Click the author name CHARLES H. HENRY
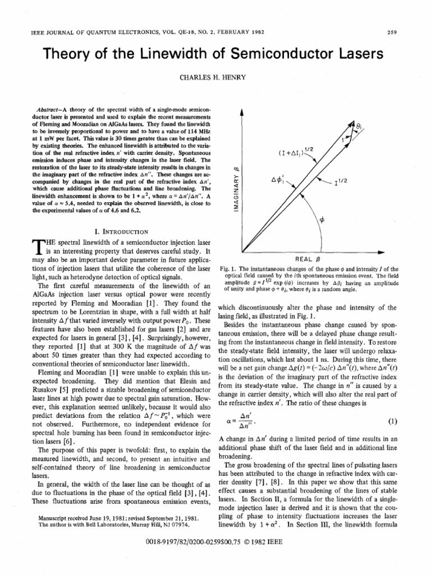[215, 77]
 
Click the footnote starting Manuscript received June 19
[119, 516]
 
